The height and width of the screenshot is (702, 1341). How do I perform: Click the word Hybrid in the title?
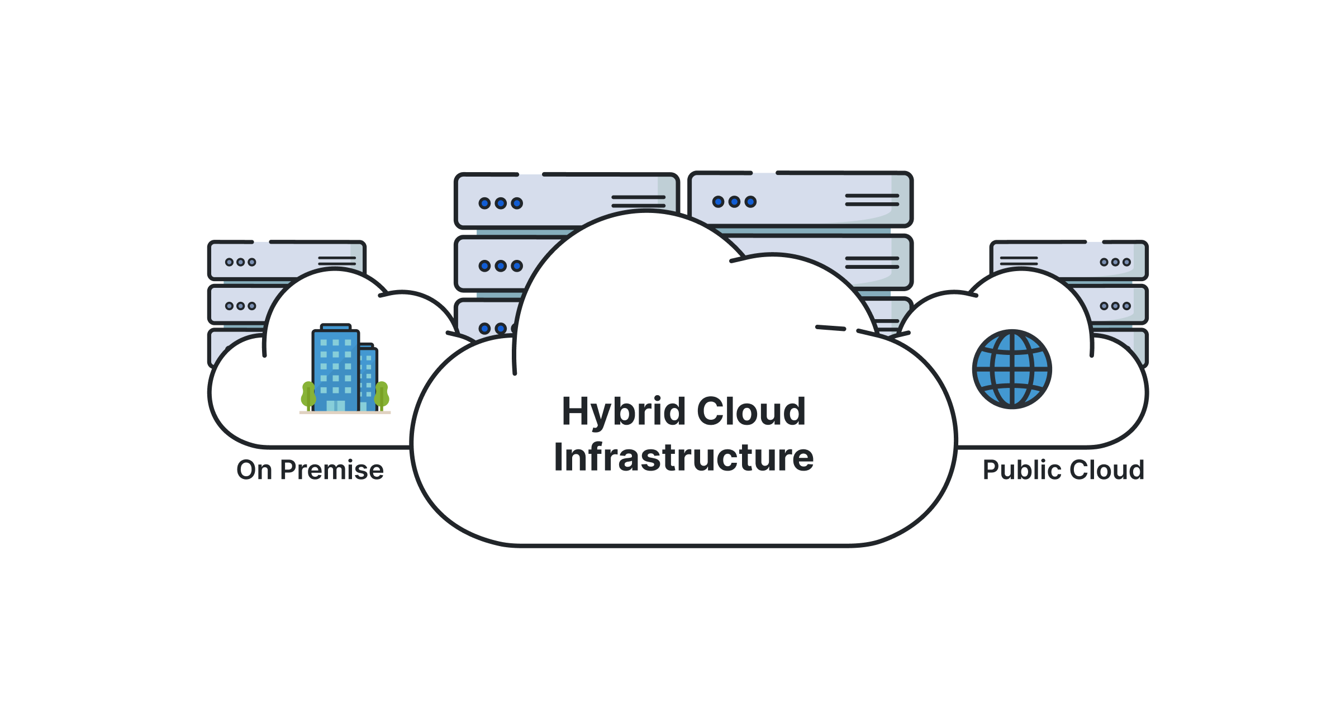point(624,412)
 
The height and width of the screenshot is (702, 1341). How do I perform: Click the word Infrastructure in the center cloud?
point(683,458)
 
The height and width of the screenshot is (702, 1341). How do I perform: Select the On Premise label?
point(310,470)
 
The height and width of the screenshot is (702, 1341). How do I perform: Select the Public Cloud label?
point(1063,470)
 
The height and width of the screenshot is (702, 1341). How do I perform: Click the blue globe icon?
point(1012,369)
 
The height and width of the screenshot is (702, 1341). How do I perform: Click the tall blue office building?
point(335,369)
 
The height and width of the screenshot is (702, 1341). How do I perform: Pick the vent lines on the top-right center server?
point(872,200)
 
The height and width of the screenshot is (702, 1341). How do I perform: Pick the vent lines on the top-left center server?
point(638,201)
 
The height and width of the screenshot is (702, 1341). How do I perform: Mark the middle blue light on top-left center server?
point(501,203)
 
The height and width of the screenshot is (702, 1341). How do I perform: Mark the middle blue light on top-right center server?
point(734,202)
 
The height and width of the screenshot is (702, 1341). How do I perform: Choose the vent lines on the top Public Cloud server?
point(1019,261)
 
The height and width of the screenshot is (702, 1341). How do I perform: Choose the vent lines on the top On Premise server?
point(337,261)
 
